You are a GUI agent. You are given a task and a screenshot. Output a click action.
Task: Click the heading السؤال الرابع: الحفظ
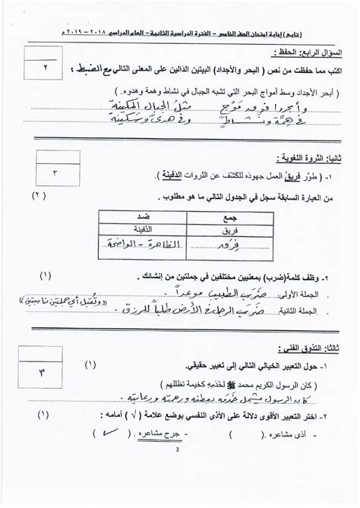click(304, 53)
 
